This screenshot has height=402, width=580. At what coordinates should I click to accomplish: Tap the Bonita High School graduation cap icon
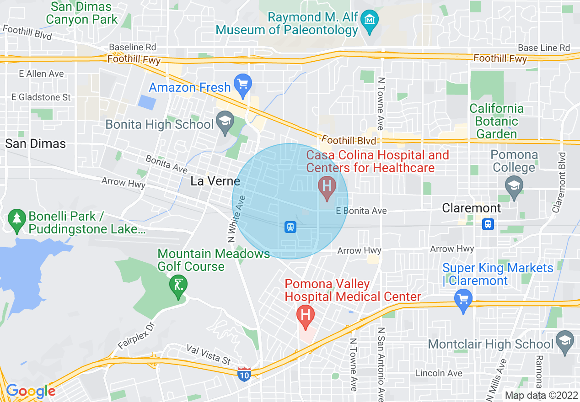click(x=225, y=123)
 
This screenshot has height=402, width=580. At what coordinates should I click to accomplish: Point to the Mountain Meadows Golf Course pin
click(x=178, y=286)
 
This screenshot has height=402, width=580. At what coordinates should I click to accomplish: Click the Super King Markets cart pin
click(x=463, y=300)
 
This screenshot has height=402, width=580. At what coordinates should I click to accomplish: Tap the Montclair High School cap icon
click(x=565, y=342)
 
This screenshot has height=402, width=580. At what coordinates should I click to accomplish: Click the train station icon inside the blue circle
click(x=290, y=227)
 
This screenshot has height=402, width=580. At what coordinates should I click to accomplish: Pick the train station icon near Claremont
click(x=488, y=224)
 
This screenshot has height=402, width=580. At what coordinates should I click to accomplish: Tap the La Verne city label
click(x=215, y=181)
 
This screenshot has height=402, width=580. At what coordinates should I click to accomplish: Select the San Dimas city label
click(x=36, y=143)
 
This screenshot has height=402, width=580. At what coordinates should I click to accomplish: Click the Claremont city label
click(x=471, y=208)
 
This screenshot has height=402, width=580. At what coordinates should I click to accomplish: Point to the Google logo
click(x=31, y=391)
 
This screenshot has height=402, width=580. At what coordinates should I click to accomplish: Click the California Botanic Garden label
click(x=496, y=121)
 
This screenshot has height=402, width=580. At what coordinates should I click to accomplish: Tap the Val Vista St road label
click(x=209, y=354)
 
